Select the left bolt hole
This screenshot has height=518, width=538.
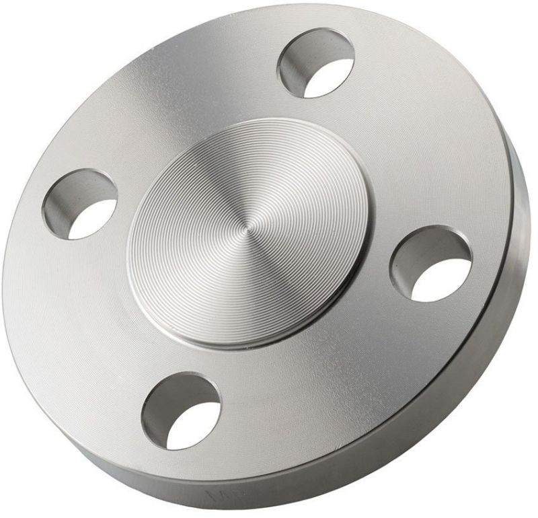79,204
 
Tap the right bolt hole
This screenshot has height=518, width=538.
431,263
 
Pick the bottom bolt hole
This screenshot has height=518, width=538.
181,411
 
